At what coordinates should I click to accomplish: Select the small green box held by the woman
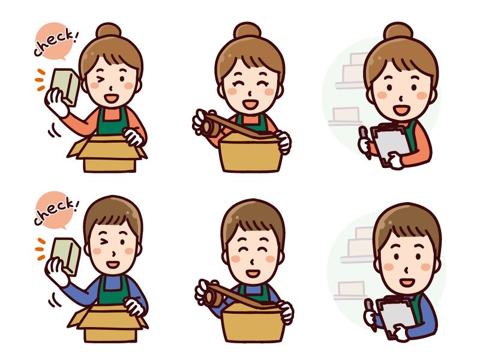(x=65, y=86)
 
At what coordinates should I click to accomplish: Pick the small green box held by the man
(x=66, y=256)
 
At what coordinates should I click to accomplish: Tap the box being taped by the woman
(x=251, y=152)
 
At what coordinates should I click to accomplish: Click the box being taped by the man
(x=253, y=324)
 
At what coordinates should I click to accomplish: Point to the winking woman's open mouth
(x=111, y=98)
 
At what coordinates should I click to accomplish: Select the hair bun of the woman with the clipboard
(x=398, y=31)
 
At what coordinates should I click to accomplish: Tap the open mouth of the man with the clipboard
(x=407, y=281)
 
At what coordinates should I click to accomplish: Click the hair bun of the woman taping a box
(x=247, y=31)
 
